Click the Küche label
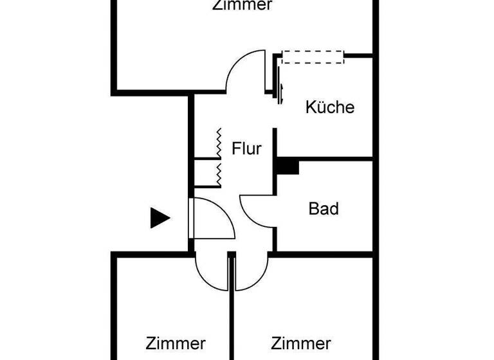tap(329, 107)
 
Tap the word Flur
tap(247, 149)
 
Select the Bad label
tap(324, 208)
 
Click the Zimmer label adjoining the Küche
tap(242, 6)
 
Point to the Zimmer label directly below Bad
tap(301, 343)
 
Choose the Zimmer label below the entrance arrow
tap(176, 343)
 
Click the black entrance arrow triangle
tap(160, 218)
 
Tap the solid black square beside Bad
tap(288, 166)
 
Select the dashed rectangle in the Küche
tap(313, 57)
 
